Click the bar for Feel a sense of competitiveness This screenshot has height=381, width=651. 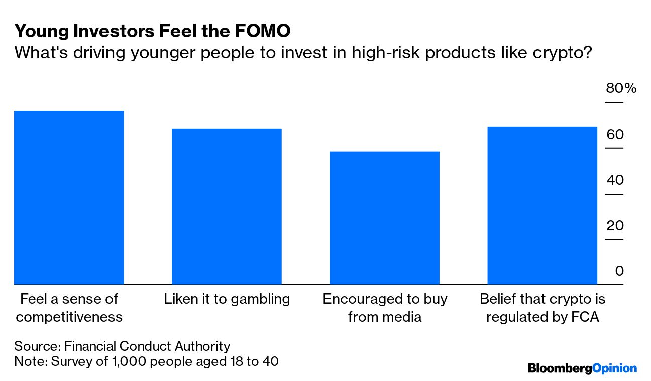click(x=69, y=198)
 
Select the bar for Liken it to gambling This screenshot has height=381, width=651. click(x=227, y=207)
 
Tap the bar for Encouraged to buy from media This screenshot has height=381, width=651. click(x=384, y=218)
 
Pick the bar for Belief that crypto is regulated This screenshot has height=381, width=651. click(x=542, y=206)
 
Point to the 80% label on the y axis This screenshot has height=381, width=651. click(x=621, y=89)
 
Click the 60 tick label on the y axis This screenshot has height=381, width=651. click(x=615, y=135)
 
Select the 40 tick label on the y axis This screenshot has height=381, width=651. click(x=615, y=180)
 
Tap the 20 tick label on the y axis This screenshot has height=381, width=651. click(x=615, y=226)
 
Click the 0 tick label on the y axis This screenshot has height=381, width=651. click(x=619, y=271)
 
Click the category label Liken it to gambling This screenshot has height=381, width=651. click(x=227, y=299)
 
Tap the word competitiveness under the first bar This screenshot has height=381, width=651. click(x=69, y=317)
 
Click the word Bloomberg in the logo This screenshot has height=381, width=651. click(x=560, y=368)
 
